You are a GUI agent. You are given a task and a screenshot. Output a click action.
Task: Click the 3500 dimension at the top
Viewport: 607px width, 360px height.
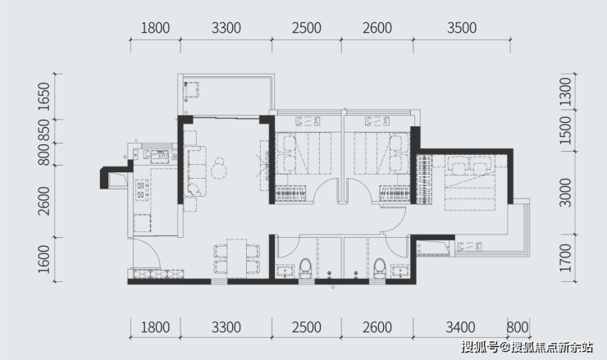pos(462,28)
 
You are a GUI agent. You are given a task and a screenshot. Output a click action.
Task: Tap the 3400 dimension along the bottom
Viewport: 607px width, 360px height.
pos(460,327)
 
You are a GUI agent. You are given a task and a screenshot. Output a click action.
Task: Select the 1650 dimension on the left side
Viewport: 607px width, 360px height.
pos(44,97)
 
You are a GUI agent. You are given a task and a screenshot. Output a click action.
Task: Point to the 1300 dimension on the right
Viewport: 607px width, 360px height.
pos(566,92)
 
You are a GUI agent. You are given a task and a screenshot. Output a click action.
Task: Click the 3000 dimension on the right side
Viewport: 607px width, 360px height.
pos(566,193)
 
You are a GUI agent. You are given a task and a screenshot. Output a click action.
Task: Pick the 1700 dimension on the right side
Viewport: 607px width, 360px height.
pos(566,257)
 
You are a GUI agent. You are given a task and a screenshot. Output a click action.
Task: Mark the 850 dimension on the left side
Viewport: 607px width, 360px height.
pos(44,130)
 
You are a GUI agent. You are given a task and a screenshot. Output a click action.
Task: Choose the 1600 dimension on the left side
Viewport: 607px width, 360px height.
pos(44,259)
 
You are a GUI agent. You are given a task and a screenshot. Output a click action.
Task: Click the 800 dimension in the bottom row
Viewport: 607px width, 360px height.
pos(518,327)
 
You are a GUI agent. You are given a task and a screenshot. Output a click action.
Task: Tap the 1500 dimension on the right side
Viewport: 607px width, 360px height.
pos(566,130)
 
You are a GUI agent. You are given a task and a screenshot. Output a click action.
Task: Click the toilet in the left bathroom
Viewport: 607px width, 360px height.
pos(305,269)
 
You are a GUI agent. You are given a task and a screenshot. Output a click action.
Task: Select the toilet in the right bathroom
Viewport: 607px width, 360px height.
pos(380,269)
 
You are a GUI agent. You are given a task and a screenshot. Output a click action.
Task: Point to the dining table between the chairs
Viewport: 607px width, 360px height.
pos(236,258)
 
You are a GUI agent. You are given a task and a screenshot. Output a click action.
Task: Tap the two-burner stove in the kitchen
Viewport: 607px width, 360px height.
pos(141,190)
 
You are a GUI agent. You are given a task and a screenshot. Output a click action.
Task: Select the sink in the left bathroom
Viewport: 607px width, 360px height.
pos(285,271)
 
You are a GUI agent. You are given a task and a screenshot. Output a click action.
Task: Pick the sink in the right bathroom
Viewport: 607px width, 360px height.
pos(400,271)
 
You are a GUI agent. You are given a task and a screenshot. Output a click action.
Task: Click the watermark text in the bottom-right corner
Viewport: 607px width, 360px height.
pos(527,347)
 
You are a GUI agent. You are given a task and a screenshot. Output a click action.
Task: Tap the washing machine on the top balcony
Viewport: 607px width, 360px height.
pos(191,90)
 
